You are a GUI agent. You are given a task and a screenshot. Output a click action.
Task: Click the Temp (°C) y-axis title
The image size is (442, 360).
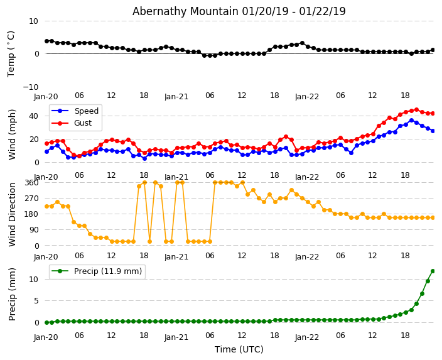pyautogui.click(x=11, y=53)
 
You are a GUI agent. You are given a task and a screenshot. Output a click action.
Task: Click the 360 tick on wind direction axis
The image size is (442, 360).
pyautogui.click(x=31, y=182)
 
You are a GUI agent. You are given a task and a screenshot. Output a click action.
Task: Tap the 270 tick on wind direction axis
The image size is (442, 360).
pyautogui.click(x=31, y=198)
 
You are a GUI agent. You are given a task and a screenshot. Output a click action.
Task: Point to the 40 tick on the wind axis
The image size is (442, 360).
pyautogui.click(x=34, y=116)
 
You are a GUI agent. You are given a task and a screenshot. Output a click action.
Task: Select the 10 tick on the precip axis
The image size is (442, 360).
pyautogui.click(x=34, y=280)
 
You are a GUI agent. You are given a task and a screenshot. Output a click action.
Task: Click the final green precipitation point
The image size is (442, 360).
pyautogui.click(x=433, y=271)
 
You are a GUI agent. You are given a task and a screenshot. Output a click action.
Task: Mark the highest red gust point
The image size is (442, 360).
pyautogui.click(x=416, y=110)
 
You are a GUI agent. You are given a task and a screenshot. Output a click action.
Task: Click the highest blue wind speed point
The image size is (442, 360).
pyautogui.click(x=411, y=120)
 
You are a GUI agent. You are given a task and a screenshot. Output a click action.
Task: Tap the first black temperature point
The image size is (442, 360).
pyautogui.click(x=46, y=41)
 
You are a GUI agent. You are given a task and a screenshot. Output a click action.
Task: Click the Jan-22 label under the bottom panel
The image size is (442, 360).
pyautogui.click(x=307, y=337)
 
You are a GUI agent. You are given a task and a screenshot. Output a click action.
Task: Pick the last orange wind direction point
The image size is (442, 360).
pyautogui.click(x=433, y=217)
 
